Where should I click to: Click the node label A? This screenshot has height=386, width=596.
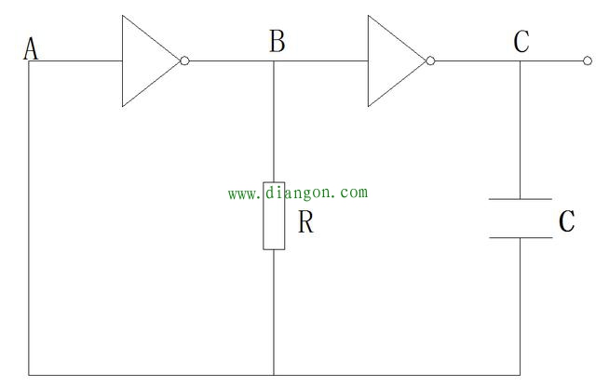point(31,48)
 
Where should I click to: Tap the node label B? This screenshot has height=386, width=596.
point(277,42)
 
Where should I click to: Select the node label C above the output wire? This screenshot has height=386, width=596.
point(521,42)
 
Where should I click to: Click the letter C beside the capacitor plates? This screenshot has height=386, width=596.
point(566,222)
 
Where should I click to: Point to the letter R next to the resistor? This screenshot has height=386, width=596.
point(305,223)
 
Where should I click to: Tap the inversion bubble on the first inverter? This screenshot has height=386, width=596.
point(184,61)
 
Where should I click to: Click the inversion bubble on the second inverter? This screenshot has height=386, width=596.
point(430,61)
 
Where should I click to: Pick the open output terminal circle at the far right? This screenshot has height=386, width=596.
point(587,61)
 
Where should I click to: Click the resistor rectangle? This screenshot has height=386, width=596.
point(274,215)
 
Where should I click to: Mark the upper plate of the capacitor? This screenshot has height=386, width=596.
point(521,199)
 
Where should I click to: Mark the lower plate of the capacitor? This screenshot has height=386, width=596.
point(521,237)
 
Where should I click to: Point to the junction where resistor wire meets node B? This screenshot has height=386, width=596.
point(274,61)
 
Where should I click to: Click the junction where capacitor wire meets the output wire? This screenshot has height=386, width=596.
point(521,61)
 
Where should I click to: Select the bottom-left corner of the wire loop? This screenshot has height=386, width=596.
point(29,375)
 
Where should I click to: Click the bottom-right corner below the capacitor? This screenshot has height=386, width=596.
point(521,375)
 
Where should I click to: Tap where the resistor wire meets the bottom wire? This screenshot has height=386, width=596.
point(274,375)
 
